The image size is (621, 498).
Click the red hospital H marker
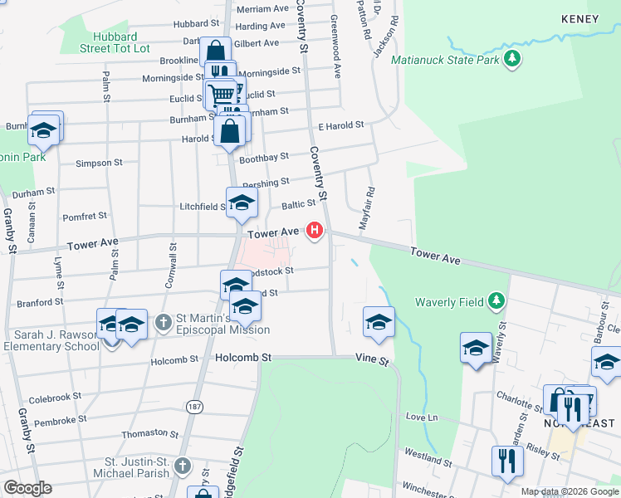(x=315, y=230)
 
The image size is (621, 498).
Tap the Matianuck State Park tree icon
(x=514, y=58)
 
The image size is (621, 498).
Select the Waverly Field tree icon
(x=496, y=300)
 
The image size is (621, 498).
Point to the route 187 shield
(x=194, y=407)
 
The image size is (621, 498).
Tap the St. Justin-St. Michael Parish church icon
(x=182, y=466)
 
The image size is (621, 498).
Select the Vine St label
(x=373, y=362)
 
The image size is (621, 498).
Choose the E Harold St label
(x=341, y=125)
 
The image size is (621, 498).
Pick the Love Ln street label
(x=421, y=416)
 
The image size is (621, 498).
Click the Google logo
(x=27, y=488)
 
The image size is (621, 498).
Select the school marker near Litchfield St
(x=242, y=202)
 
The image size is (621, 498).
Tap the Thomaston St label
(x=144, y=433)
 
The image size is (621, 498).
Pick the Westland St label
(x=428, y=456)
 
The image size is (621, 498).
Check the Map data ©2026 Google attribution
(x=569, y=491)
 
